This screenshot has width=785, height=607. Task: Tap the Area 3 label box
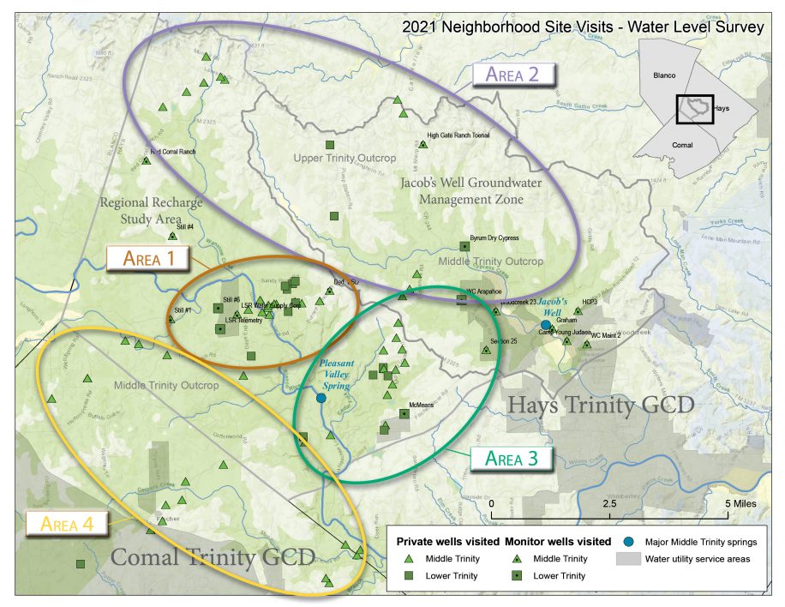click(x=511, y=458)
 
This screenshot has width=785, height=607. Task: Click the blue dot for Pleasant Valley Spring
click(x=321, y=398)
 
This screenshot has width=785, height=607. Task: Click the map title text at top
click(x=583, y=27)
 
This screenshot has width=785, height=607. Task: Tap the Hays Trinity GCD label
click(x=600, y=405)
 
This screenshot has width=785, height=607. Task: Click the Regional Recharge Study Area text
click(x=152, y=210)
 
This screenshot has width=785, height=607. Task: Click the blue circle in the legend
click(x=628, y=542)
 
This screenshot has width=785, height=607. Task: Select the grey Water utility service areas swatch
click(x=628, y=559)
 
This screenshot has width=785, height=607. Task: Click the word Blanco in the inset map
click(x=665, y=75)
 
